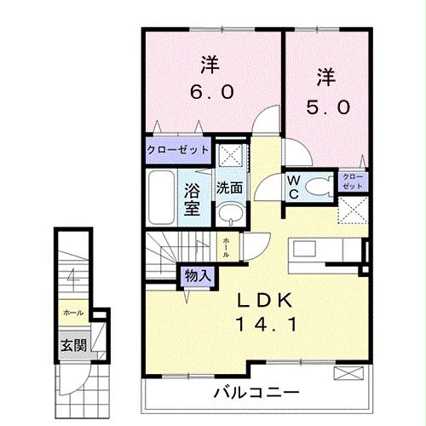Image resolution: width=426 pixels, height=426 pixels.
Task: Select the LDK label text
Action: [265, 300]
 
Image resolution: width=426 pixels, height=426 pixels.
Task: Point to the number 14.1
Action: [265, 325]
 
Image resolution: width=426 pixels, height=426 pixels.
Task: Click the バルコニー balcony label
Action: [256, 394]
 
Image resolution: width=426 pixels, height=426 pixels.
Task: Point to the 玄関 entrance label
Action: [72, 345]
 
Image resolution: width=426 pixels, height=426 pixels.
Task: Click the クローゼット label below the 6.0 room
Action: [177, 150]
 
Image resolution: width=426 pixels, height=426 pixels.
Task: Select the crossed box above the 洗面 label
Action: [227, 156]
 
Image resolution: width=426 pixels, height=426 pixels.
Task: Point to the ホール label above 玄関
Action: [72, 314]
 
